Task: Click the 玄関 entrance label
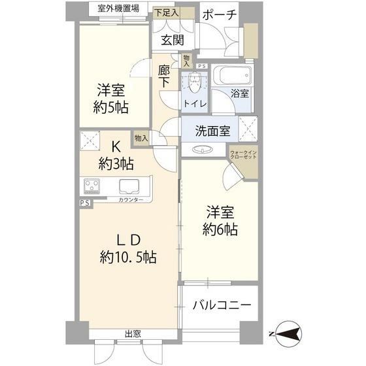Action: pos(173,40)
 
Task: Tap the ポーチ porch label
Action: pos(220,15)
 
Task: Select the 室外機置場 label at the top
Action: pos(118,8)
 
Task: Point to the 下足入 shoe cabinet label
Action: pos(167,12)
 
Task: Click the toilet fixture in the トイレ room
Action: pos(195,82)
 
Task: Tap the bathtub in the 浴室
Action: pos(232,75)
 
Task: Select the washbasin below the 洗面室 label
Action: pos(203,150)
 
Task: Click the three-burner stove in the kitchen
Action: pos(91,186)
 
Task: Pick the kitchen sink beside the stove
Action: pos(129,186)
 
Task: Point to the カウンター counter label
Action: pos(131,200)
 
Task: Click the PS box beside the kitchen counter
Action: pos(85,203)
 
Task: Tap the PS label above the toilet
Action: pos(202,66)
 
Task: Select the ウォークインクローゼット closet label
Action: pos(243,154)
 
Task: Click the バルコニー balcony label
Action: pos(222,305)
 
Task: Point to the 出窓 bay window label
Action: pos(133,334)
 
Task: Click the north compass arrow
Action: pos(287,334)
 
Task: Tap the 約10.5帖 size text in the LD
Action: pos(128,258)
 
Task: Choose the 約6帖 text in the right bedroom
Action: pos(220,229)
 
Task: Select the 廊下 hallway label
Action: pos(164,76)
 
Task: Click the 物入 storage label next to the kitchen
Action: pos(141,139)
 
